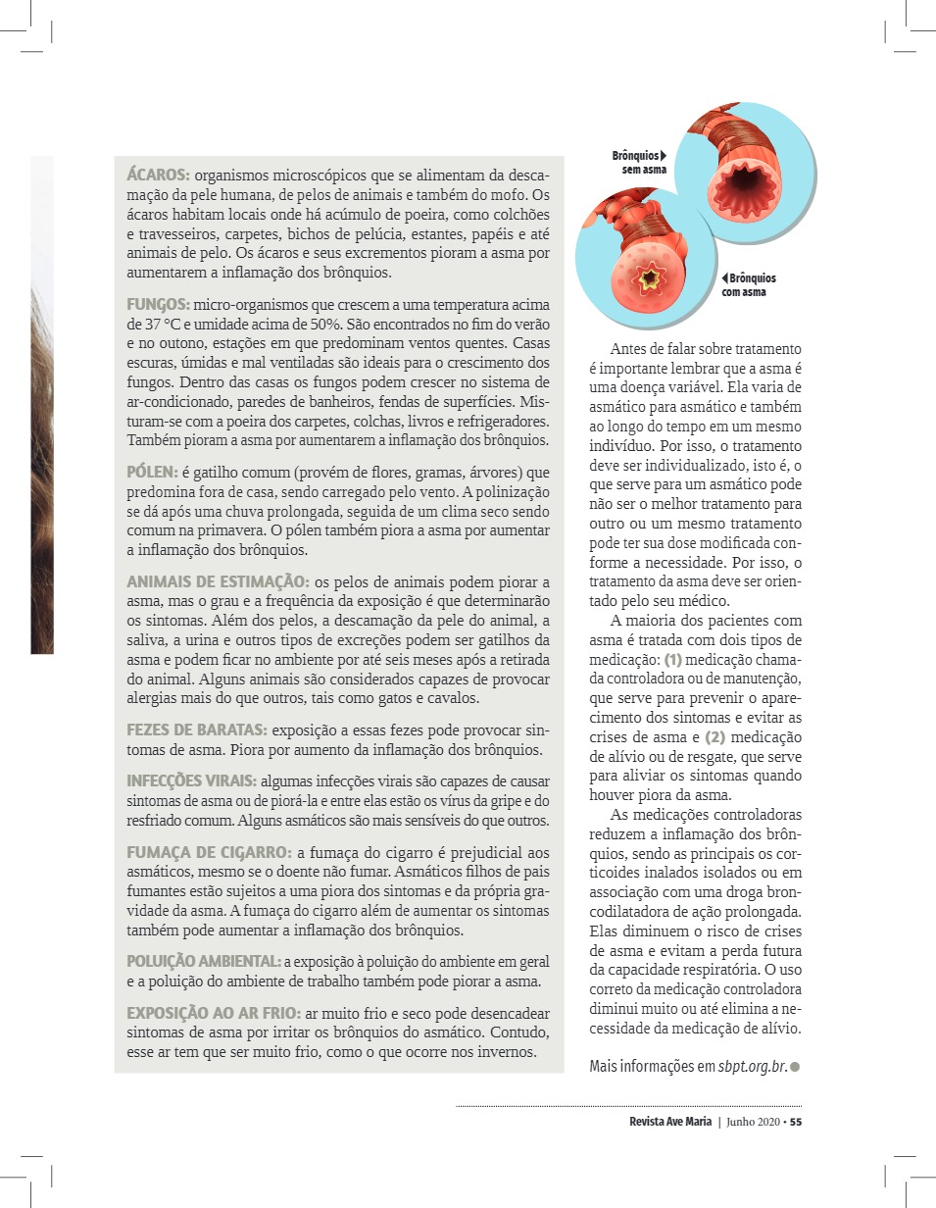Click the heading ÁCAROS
(158, 176)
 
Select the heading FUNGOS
(158, 305)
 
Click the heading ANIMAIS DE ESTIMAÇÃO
(218, 582)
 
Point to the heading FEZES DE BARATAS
(196, 730)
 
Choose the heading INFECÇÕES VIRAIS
(192, 780)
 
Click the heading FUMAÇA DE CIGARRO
(209, 852)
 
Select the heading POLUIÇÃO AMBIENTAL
(203, 961)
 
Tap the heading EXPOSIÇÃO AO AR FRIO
(213, 1013)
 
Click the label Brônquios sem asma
(639, 163)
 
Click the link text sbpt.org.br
(752, 1066)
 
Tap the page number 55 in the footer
(796, 1123)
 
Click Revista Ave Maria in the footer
(670, 1123)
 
